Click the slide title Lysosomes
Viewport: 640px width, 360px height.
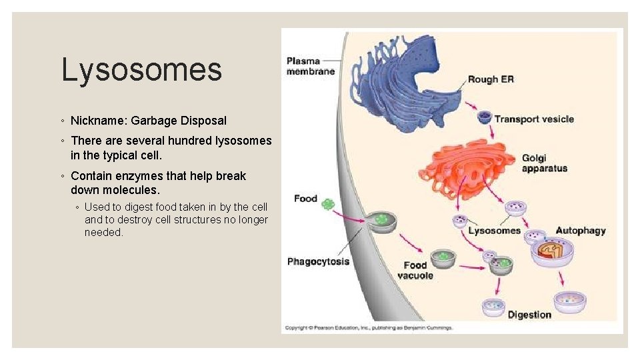[141, 70]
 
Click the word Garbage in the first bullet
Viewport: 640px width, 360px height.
[154, 121]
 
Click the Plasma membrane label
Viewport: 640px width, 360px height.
[311, 67]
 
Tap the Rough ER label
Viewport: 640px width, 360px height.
[491, 79]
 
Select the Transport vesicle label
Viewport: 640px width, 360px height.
[533, 119]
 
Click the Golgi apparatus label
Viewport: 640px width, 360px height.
[544, 163]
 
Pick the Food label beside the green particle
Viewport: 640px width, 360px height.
[305, 199]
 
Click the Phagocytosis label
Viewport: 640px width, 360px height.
[318, 261]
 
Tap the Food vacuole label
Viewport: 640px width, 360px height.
[415, 271]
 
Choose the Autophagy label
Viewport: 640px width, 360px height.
[580, 231]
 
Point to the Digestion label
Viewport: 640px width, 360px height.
[529, 315]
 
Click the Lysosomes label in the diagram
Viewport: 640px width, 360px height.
[494, 231]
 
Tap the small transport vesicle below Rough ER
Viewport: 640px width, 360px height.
[485, 118]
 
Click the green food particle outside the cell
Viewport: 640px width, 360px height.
[327, 204]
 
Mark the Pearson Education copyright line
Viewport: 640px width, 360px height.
[369, 328]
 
